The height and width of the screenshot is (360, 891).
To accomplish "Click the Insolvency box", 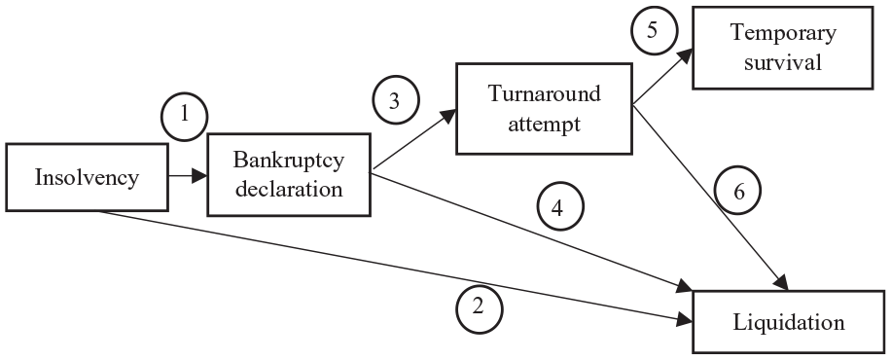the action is (87, 177).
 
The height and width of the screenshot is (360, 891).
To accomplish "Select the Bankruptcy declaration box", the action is (289, 174).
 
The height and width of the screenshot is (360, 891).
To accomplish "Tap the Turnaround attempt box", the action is (545, 109).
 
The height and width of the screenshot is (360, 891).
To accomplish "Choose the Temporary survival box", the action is (782, 48).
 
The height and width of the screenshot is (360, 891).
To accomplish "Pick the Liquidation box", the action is (788, 322).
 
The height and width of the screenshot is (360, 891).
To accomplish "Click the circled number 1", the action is (184, 116).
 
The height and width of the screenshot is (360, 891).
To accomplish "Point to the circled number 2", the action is (479, 308).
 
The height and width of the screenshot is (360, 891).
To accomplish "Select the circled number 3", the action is (396, 100).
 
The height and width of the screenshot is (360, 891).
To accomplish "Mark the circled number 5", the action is (654, 31).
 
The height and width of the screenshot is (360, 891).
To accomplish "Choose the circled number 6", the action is (737, 191).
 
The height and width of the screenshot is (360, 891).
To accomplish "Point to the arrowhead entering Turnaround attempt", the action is (449, 115).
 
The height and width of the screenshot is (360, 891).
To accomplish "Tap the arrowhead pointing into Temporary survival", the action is (686, 54).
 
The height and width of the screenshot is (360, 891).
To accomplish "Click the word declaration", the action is (289, 188).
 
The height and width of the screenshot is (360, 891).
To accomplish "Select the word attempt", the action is (545, 124).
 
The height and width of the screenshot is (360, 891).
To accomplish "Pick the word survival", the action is (782, 62).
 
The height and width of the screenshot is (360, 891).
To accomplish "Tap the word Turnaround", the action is (545, 93).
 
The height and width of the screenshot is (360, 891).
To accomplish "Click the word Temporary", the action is (783, 33).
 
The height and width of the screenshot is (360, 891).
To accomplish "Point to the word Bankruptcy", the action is (289, 161).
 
